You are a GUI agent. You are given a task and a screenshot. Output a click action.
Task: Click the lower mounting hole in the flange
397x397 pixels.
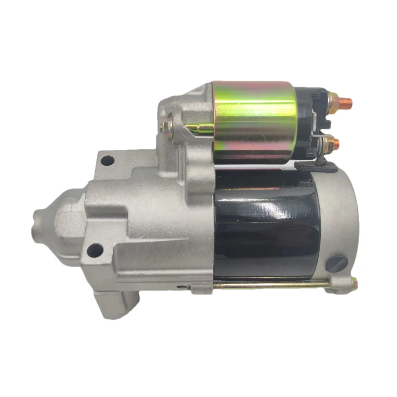(x=95, y=250)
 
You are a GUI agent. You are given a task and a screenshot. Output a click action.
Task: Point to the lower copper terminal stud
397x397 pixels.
(x=336, y=143)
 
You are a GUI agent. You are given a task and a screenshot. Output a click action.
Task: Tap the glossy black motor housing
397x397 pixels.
(x=266, y=222)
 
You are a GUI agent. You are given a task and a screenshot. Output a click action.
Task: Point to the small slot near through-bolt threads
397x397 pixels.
(x=184, y=287)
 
